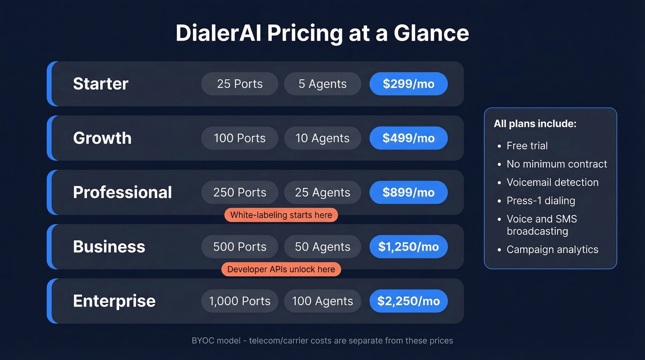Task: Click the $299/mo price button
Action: (408, 84)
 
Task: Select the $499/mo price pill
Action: (408, 138)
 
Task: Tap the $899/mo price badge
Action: (408, 193)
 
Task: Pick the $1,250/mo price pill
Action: (408, 247)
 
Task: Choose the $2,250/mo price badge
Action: (408, 301)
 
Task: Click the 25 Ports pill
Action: (240, 84)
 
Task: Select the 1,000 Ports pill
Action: (240, 301)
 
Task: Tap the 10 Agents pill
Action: (322, 138)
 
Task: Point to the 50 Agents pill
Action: (322, 247)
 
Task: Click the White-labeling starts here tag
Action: (281, 215)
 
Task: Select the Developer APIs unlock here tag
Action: (281, 270)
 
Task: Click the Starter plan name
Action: (100, 84)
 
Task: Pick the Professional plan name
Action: (122, 193)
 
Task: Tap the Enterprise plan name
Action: (114, 301)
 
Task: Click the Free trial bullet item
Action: (527, 146)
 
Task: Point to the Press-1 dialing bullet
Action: (541, 201)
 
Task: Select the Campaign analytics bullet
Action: (552, 250)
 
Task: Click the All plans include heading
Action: (535, 124)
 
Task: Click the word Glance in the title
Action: (431, 33)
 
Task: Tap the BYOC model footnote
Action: (322, 341)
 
